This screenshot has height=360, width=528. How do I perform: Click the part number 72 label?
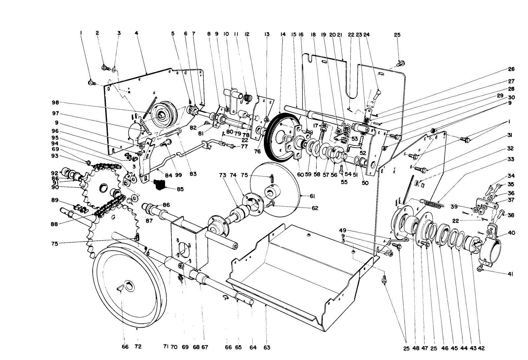pyautogui.click(x=138, y=347)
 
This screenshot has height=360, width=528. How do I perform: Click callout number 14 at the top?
pyautogui.click(x=283, y=34)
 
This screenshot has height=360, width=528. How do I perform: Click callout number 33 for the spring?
pyautogui.click(x=511, y=160)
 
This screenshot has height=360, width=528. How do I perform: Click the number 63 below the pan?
pyautogui.click(x=267, y=347)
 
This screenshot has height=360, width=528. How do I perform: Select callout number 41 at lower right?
pyautogui.click(x=511, y=274)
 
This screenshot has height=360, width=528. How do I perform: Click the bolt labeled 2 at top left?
pyautogui.click(x=105, y=68)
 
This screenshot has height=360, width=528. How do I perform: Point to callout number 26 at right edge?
pyautogui.click(x=511, y=69)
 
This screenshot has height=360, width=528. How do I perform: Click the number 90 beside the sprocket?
pyautogui.click(x=55, y=187)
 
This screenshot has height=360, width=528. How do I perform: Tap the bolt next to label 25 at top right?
pyautogui.click(x=401, y=62)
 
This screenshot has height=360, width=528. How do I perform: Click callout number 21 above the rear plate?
pyautogui.click(x=340, y=34)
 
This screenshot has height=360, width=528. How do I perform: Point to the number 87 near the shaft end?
pyautogui.click(x=149, y=220)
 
